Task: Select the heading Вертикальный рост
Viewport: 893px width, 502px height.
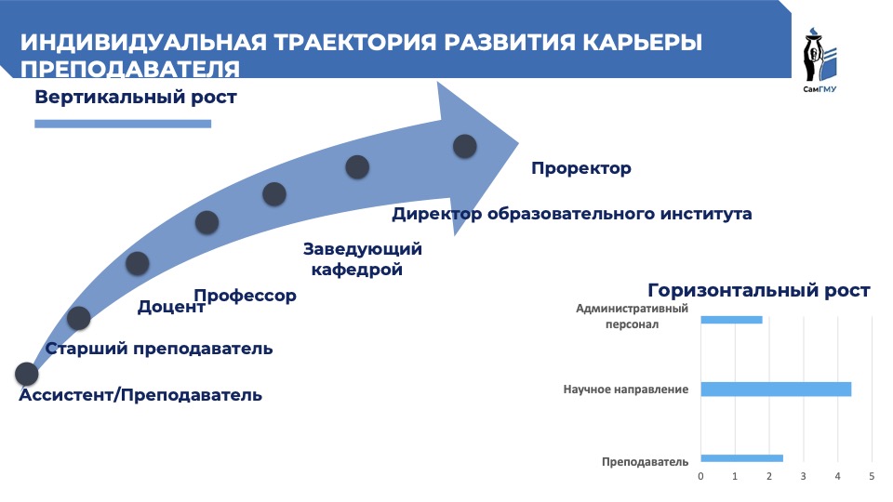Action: click(136, 98)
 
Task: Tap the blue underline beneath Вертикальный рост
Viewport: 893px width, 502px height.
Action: click(122, 123)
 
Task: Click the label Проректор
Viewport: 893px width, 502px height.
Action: click(580, 168)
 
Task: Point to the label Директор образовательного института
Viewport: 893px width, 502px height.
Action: click(571, 214)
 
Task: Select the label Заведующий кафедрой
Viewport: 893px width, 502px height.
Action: click(362, 259)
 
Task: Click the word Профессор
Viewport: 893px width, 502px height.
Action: click(251, 297)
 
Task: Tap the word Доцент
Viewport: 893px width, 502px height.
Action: click(170, 307)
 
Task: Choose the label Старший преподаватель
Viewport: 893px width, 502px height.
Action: click(159, 349)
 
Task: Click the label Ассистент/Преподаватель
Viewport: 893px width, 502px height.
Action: click(140, 395)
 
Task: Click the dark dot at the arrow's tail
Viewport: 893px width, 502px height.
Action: click(26, 374)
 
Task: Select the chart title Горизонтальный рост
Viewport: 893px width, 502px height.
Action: click(758, 290)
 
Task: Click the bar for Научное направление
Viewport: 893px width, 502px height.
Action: click(775, 390)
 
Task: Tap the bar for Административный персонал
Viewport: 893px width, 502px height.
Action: click(731, 320)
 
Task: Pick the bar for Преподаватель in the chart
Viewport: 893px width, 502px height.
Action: click(741, 457)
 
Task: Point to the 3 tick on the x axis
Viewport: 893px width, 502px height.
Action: click(803, 476)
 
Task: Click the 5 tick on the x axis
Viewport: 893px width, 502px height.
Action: click(872, 476)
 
